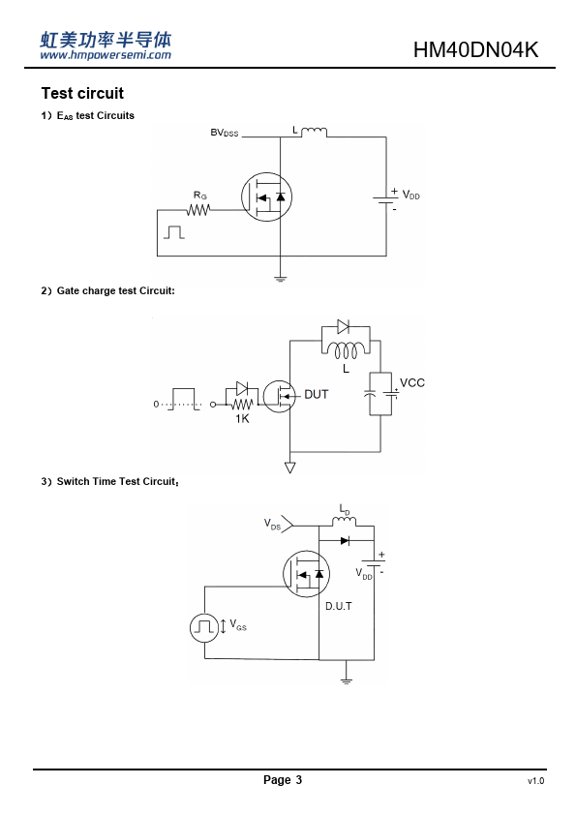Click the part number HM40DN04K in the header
(475, 50)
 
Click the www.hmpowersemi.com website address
(106, 55)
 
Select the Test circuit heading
(82, 94)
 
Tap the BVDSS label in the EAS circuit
(224, 133)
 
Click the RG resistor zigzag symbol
(198, 210)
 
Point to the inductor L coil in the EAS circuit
(314, 132)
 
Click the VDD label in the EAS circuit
(410, 196)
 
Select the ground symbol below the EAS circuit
(280, 279)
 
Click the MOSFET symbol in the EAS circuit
(266, 197)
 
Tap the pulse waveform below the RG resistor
(174, 232)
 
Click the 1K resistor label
(242, 418)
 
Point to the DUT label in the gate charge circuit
(316, 395)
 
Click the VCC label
(412, 383)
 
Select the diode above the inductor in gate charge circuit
(343, 326)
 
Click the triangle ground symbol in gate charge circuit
(290, 468)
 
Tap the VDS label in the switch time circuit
(272, 524)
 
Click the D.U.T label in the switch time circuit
(339, 606)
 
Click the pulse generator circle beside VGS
(204, 627)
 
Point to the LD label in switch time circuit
(345, 509)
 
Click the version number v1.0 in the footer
(536, 781)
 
